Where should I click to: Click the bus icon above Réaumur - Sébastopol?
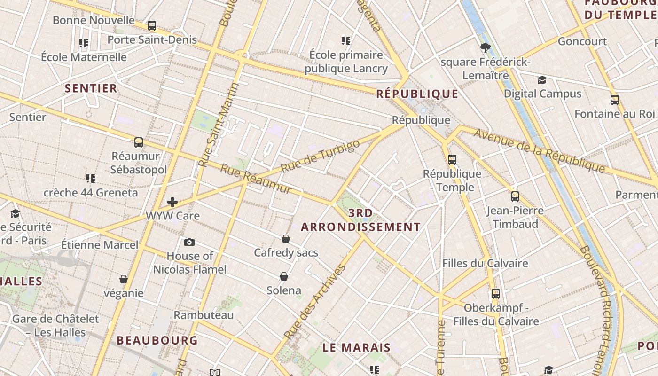(x=138, y=142)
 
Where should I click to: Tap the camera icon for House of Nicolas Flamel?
(x=189, y=242)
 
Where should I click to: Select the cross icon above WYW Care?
(x=172, y=202)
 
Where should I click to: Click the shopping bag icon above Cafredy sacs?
(x=285, y=239)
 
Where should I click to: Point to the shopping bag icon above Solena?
(x=284, y=276)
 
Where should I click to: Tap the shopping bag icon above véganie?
(x=124, y=279)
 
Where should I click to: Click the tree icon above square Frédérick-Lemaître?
(x=486, y=47)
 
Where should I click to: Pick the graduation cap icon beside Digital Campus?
(x=542, y=80)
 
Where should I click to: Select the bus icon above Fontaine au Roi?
(x=614, y=100)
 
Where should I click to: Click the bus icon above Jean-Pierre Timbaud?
(x=515, y=196)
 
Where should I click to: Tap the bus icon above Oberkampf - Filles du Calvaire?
(x=495, y=294)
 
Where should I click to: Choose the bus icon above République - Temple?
(x=452, y=159)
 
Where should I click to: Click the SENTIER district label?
(x=91, y=88)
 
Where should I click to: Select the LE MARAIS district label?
(x=356, y=348)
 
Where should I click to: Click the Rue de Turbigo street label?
(x=320, y=156)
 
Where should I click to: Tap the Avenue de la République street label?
(x=539, y=150)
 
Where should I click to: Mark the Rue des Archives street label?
(x=315, y=302)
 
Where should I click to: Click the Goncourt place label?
(x=582, y=41)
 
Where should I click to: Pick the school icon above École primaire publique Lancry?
(x=346, y=41)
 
